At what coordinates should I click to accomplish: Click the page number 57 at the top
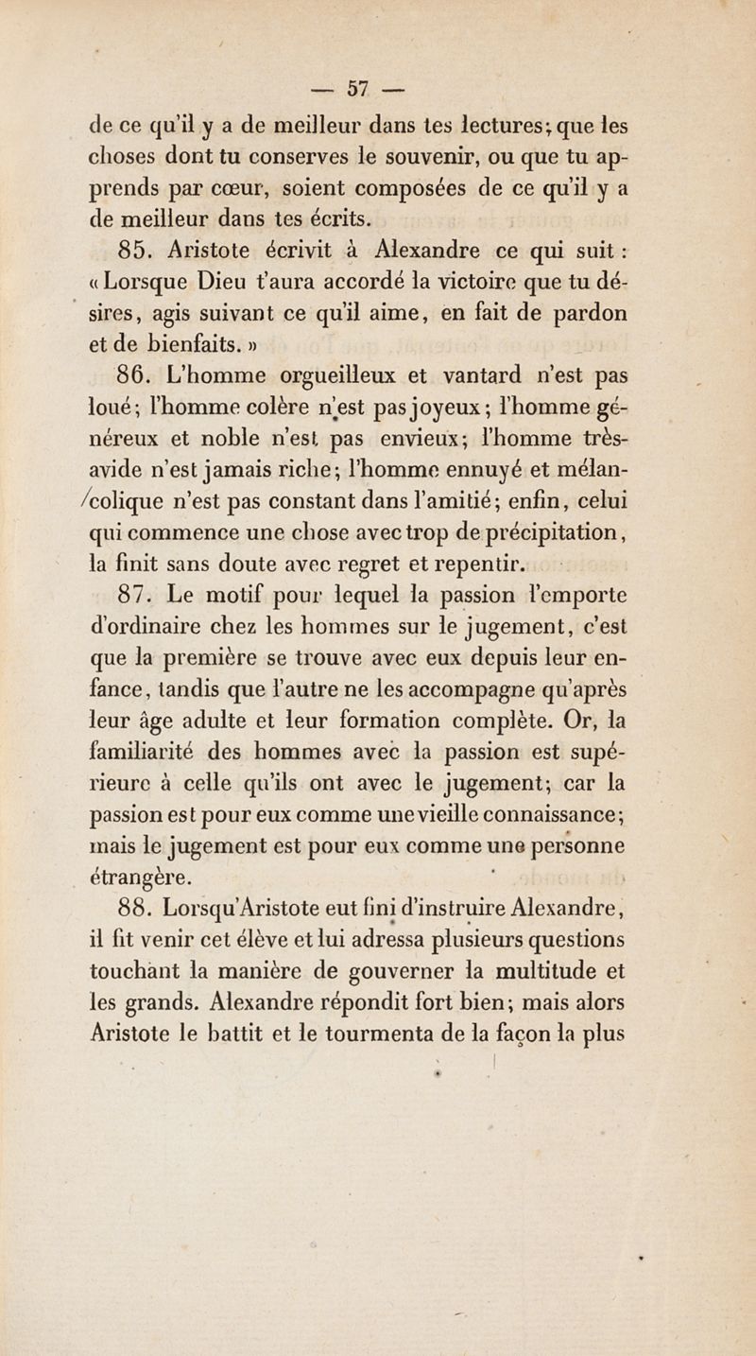(x=355, y=91)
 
